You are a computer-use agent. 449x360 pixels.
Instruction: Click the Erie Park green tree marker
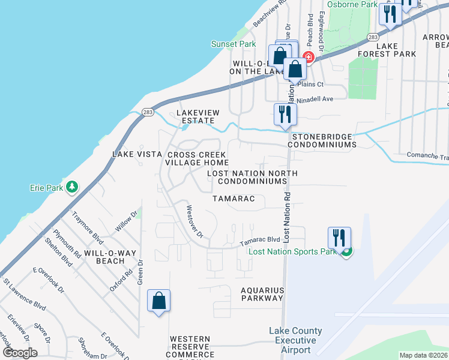point(72,188)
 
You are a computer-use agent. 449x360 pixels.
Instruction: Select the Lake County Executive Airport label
point(295,340)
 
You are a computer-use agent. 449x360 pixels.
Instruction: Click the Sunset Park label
point(234,44)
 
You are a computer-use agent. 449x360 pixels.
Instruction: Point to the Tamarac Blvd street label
point(261,240)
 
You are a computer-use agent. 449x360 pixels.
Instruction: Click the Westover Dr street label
point(194,221)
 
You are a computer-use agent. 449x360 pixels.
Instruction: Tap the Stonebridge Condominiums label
point(324,140)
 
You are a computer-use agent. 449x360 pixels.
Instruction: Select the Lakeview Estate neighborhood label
point(198,116)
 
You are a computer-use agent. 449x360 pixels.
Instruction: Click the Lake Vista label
point(137,154)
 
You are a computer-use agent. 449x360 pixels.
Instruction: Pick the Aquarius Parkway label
point(262,293)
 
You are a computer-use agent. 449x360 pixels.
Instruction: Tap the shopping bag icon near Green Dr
point(159,300)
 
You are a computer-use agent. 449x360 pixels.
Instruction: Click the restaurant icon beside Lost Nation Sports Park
point(339,237)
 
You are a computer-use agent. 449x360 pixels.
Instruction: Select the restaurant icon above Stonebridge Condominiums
point(285,114)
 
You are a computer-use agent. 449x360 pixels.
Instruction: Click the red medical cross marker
point(309,57)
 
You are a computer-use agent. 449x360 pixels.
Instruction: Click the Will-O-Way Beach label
point(104,257)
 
